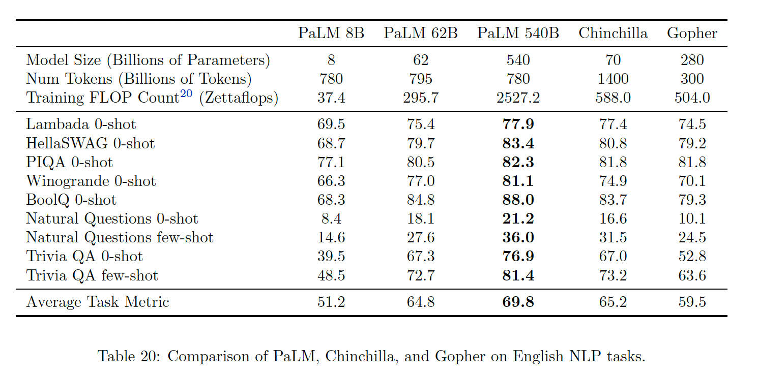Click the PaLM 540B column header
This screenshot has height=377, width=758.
pos(518,34)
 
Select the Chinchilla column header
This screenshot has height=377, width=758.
pos(613,34)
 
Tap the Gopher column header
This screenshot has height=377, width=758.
pos(692,34)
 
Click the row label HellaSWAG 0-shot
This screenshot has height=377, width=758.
pos(90,143)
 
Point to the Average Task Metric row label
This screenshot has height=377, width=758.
pos(98,302)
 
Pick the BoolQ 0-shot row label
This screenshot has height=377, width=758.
pos(71,200)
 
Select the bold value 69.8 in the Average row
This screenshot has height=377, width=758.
pos(518,302)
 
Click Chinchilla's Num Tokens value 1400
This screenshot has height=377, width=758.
pos(613,79)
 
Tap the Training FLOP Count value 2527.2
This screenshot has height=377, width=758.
pos(518,98)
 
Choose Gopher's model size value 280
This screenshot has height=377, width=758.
pos(692,60)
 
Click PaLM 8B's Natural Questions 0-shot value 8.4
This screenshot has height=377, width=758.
pos(331,218)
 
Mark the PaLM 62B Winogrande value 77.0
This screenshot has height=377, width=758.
pos(421,181)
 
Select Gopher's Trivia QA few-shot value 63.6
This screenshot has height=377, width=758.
pos(692,275)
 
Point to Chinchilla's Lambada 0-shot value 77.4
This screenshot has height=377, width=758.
pos(613,124)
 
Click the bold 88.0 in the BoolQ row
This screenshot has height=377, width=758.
pos(518,200)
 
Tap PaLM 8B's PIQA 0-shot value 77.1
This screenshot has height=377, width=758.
pos(331,162)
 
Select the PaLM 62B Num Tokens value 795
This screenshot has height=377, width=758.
pos(421,79)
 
